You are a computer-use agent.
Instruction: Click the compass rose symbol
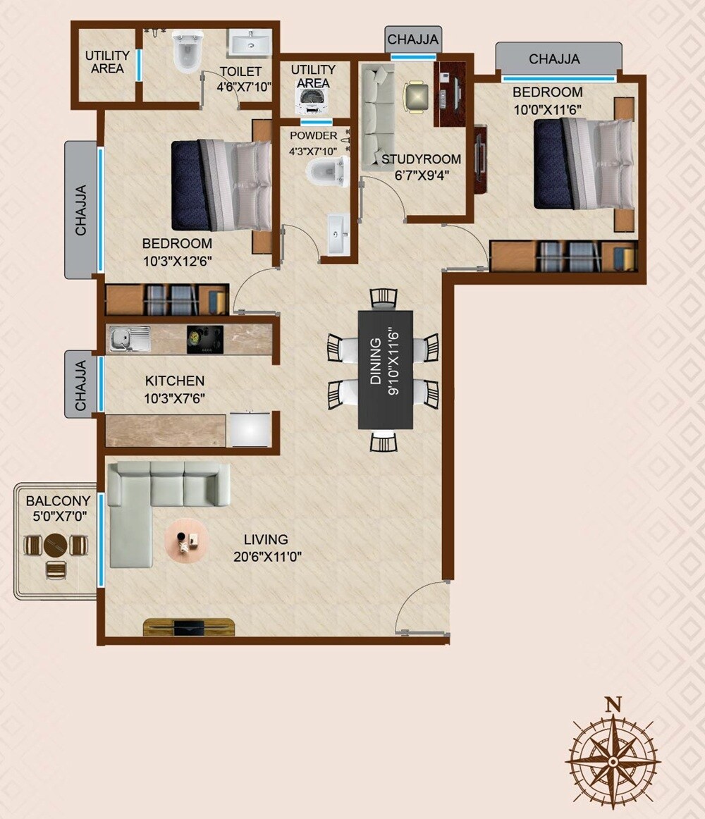coord(613,762)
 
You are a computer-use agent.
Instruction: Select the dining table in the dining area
coord(385,369)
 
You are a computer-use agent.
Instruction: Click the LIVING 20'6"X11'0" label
coord(268,548)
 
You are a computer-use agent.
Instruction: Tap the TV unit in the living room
coord(188,627)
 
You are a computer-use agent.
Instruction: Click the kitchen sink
coord(129,340)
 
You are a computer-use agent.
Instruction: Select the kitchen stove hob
coord(205,339)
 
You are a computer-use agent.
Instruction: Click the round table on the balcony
coord(56,545)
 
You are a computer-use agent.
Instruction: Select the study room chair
coord(416,97)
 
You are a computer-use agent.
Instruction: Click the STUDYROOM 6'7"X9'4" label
coord(421,166)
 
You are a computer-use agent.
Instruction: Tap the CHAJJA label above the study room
coord(413,39)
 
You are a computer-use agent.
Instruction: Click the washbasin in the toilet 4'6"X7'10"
coord(250,43)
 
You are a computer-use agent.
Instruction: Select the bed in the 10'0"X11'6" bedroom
coord(583,164)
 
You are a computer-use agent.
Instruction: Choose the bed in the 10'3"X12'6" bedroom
coord(221,185)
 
